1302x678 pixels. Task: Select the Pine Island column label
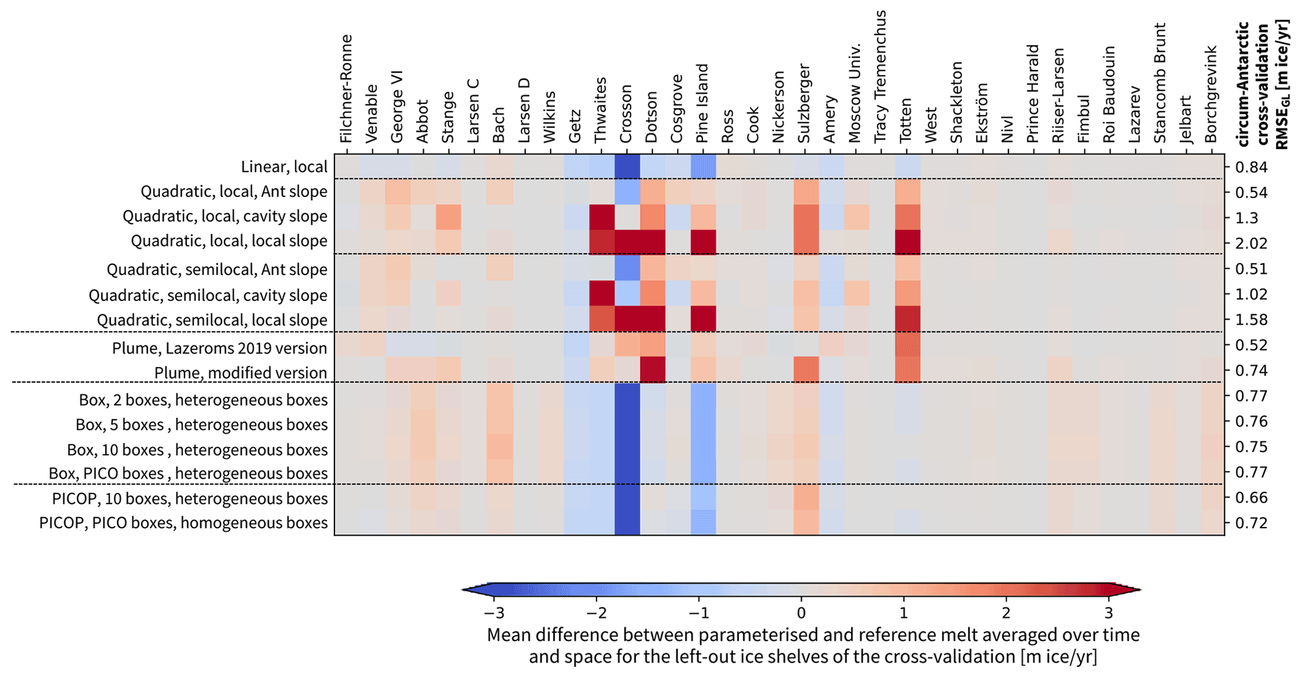pos(702,104)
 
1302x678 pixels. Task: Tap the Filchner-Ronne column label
pos(345,89)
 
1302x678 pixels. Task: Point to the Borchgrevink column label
pos(1211,94)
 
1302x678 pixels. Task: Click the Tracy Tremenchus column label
pos(880,76)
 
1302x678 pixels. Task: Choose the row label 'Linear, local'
pos(284,167)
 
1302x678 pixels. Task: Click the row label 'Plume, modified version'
pos(241,373)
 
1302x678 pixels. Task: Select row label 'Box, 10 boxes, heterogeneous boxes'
pos(197,449)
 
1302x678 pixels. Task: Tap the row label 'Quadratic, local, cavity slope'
pos(225,216)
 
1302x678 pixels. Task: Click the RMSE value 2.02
pos(1247,243)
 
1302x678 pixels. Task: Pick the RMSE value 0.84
pos(1247,167)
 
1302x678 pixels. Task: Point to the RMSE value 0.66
pos(1247,497)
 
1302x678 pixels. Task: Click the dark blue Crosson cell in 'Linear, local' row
pos(627,167)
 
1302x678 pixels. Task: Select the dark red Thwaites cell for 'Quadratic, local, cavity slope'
pos(602,217)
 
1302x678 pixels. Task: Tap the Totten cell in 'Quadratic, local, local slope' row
pos(908,242)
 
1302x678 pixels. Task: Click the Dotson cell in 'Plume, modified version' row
pos(653,370)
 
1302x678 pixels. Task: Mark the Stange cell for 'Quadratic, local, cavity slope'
pos(448,217)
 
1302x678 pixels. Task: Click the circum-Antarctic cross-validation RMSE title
pos(1263,85)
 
